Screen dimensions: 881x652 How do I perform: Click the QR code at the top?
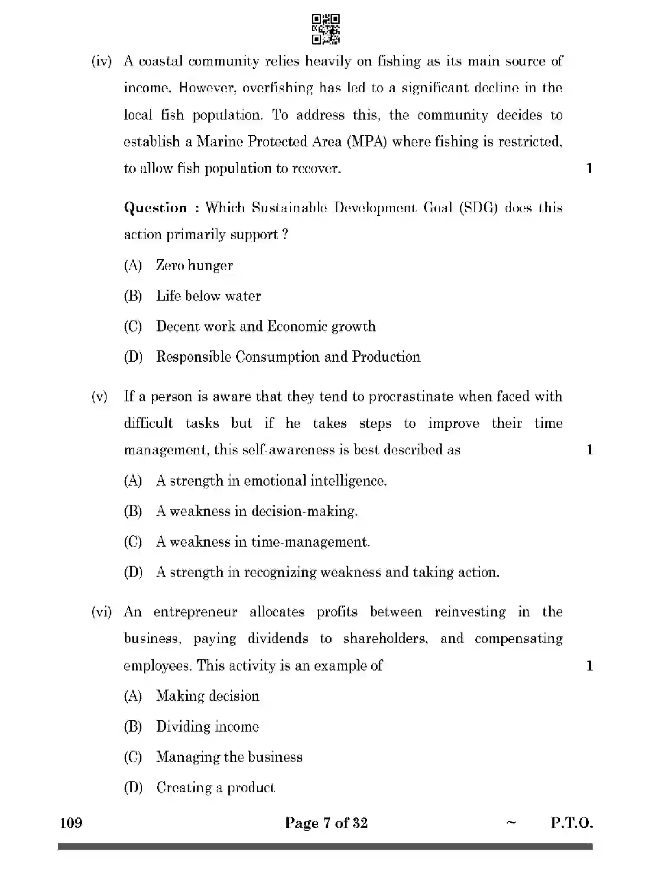click(x=326, y=29)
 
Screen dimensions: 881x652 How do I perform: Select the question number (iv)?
click(x=101, y=61)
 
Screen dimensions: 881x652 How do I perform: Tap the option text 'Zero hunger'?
click(x=194, y=265)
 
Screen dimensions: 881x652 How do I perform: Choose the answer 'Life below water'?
click(x=208, y=296)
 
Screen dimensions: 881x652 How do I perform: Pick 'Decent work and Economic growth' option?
click(x=266, y=326)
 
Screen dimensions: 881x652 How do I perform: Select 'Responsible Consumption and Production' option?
click(x=288, y=356)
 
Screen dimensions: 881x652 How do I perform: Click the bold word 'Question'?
click(x=155, y=207)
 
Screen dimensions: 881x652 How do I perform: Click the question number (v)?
click(x=99, y=396)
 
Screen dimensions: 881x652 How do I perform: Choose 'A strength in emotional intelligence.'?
click(x=271, y=481)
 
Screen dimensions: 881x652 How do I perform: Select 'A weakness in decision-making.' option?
click(x=256, y=511)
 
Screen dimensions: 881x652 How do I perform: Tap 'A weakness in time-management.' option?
click(x=263, y=542)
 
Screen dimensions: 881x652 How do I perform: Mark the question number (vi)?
click(x=101, y=612)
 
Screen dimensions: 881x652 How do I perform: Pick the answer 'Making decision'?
click(x=208, y=696)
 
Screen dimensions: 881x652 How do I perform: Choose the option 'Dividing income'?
click(x=207, y=726)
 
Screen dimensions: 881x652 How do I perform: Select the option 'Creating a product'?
click(x=215, y=787)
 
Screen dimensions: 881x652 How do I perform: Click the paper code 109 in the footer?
click(x=71, y=823)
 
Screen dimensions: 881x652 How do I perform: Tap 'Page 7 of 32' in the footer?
click(x=326, y=823)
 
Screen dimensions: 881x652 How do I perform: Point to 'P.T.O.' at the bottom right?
click(x=571, y=823)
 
